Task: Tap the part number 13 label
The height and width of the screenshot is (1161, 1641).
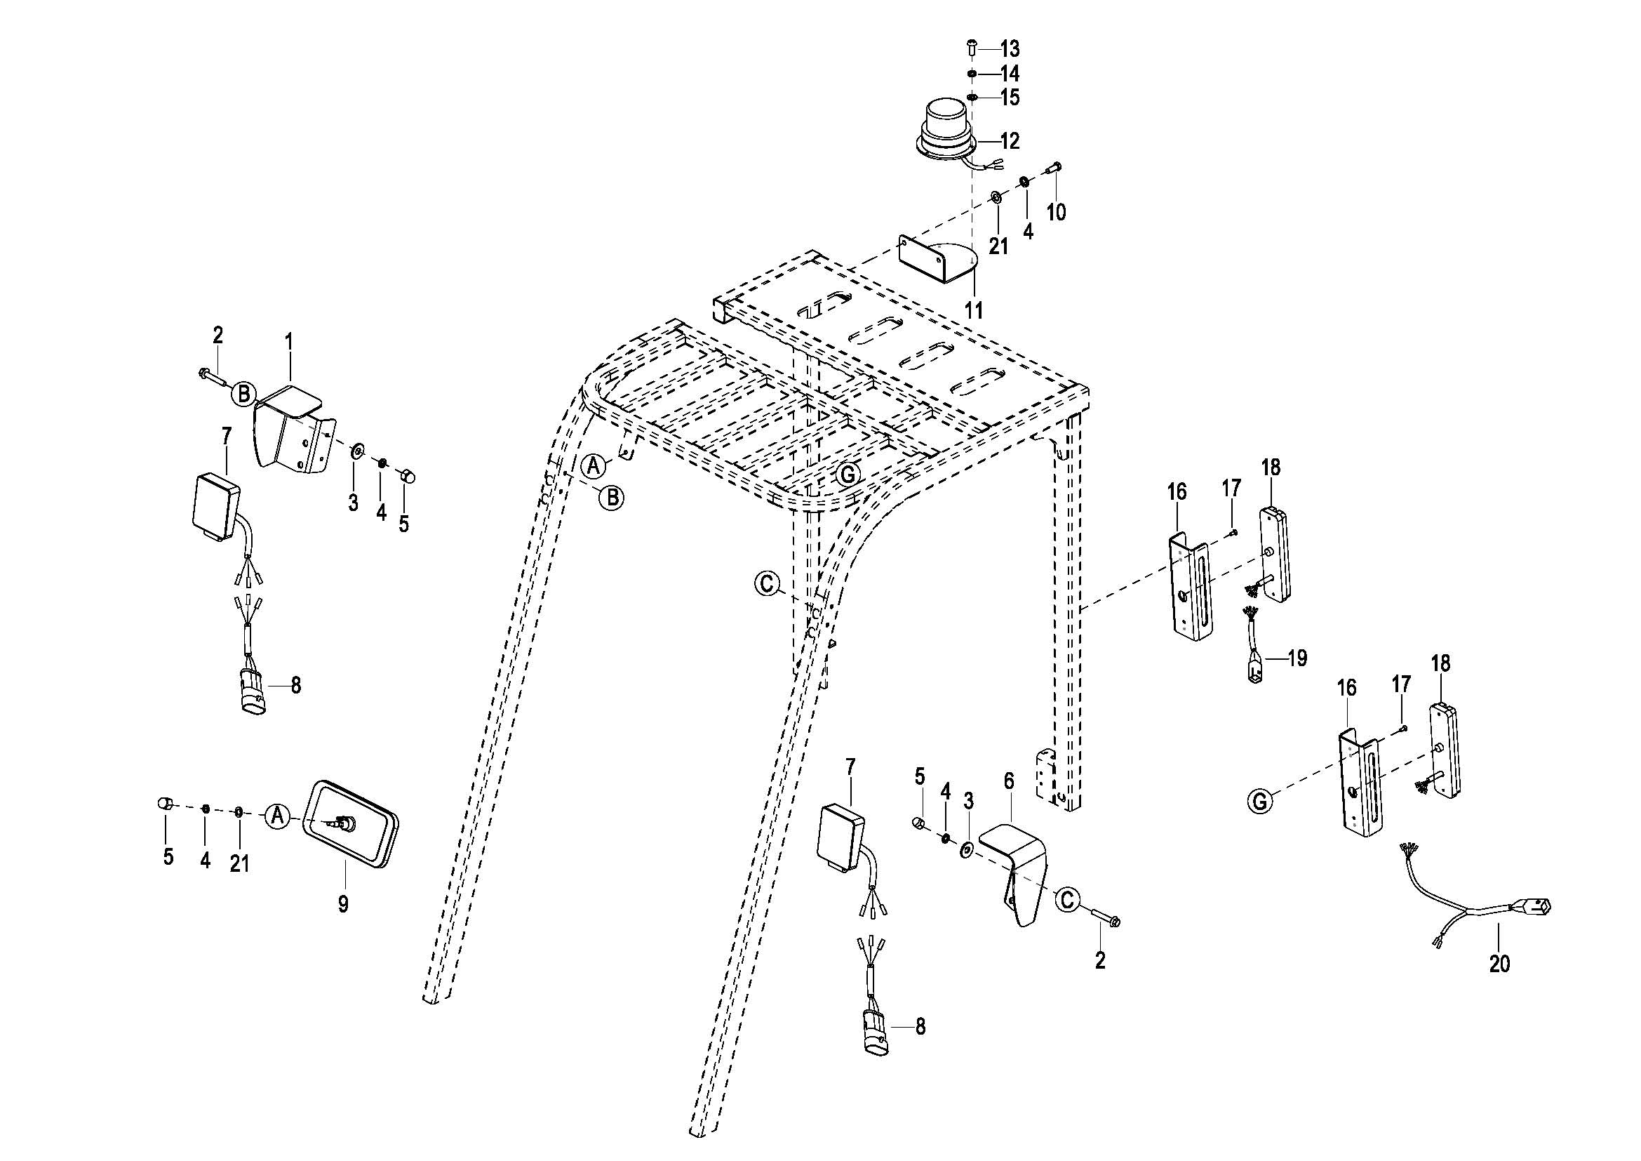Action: coord(1009,49)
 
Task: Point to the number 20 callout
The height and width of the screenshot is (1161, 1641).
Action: coord(1499,964)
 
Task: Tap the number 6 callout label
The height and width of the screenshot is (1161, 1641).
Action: coord(1008,781)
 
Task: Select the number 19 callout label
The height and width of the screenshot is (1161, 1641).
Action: coord(1297,658)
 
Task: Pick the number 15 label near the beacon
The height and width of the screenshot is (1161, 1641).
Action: coord(1009,98)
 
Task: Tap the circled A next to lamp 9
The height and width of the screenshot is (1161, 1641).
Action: coord(278,816)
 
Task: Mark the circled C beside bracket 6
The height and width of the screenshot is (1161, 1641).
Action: coord(1067,899)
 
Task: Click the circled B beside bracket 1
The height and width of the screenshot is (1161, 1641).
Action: coord(243,393)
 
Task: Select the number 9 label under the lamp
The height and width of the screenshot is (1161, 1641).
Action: coord(343,904)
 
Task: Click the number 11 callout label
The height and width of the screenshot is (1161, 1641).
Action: coord(974,311)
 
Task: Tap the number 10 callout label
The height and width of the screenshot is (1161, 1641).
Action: coord(1056,212)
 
